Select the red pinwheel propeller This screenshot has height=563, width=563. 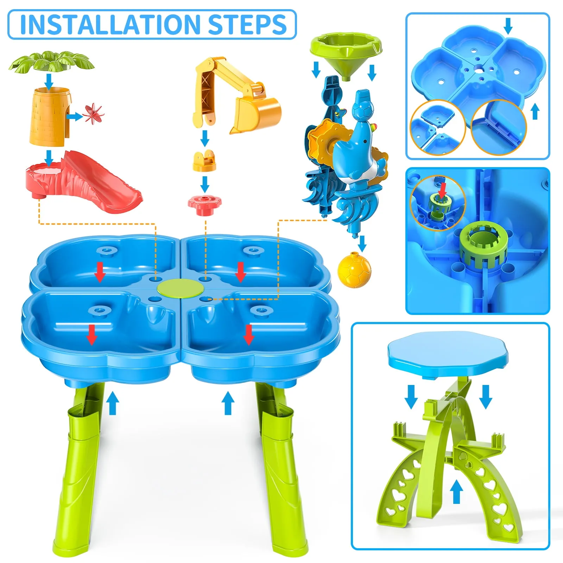[93, 114]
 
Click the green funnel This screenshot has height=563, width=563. [346, 51]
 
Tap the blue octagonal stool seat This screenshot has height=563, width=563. [448, 354]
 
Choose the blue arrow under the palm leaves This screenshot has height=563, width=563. [49, 81]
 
